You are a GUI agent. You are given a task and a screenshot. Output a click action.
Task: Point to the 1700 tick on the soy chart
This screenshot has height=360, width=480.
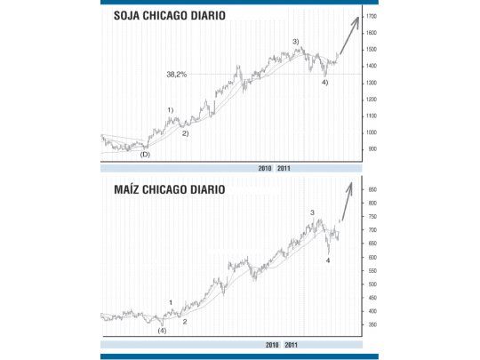pyautogui.click(x=372, y=17)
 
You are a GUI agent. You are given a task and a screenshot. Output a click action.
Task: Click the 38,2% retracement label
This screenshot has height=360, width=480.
pyautogui.click(x=176, y=75)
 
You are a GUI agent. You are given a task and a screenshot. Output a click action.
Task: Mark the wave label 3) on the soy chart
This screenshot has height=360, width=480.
pyautogui.click(x=295, y=42)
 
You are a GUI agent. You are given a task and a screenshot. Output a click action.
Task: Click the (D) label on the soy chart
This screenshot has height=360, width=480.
pyautogui.click(x=145, y=155)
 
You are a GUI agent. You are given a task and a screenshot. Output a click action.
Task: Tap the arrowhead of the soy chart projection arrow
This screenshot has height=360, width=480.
pyautogui.click(x=357, y=18)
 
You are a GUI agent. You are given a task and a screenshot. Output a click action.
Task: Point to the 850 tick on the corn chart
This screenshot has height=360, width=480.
pyautogui.click(x=372, y=190)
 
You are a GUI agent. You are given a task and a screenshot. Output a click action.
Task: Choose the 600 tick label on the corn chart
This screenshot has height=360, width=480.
pyautogui.click(x=372, y=258)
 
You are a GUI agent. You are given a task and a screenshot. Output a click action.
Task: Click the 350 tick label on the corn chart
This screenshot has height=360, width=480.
pyautogui.click(x=372, y=325)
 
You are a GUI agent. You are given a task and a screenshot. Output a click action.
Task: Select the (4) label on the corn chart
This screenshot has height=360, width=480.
pyautogui.click(x=161, y=331)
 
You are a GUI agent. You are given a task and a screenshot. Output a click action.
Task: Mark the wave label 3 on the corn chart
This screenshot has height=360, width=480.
pyautogui.click(x=311, y=212)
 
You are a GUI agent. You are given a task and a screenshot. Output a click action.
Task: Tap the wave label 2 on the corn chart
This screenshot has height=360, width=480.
pyautogui.click(x=184, y=321)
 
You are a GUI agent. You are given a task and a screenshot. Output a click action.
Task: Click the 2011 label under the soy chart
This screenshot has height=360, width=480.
pyautogui.click(x=284, y=167)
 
